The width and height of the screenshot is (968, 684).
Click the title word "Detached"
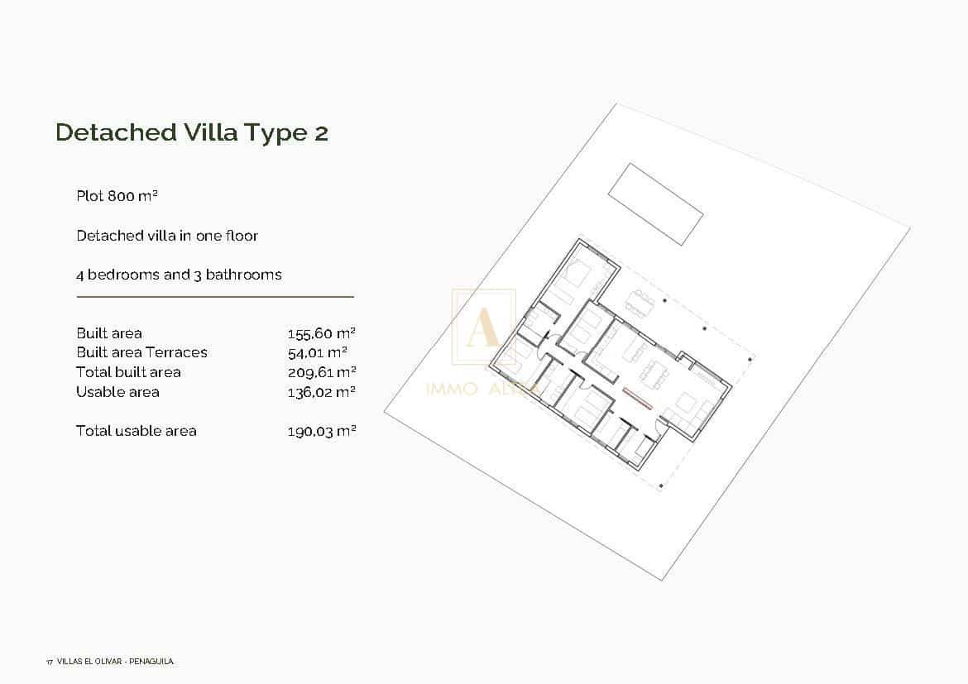click(116, 132)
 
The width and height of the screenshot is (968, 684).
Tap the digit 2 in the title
click(321, 132)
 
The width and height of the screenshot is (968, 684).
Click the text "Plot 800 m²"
click(117, 196)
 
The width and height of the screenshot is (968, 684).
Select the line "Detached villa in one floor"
click(167, 236)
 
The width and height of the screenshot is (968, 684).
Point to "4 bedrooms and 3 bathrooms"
click(179, 275)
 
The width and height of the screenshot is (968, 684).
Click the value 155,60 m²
click(321, 333)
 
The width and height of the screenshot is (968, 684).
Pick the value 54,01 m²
click(317, 352)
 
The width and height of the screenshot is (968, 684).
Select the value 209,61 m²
click(321, 372)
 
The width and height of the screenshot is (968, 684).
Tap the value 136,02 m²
click(321, 392)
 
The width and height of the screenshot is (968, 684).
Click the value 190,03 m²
click(321, 431)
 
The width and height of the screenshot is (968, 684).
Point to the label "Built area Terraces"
click(141, 352)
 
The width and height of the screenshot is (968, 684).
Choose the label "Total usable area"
click(137, 431)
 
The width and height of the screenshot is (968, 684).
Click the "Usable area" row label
click(117, 392)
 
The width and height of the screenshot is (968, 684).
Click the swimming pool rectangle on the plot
click(655, 203)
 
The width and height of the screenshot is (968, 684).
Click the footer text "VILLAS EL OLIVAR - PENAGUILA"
click(115, 662)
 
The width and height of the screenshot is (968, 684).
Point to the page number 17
click(50, 662)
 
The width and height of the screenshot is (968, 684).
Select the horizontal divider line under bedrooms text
click(215, 296)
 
